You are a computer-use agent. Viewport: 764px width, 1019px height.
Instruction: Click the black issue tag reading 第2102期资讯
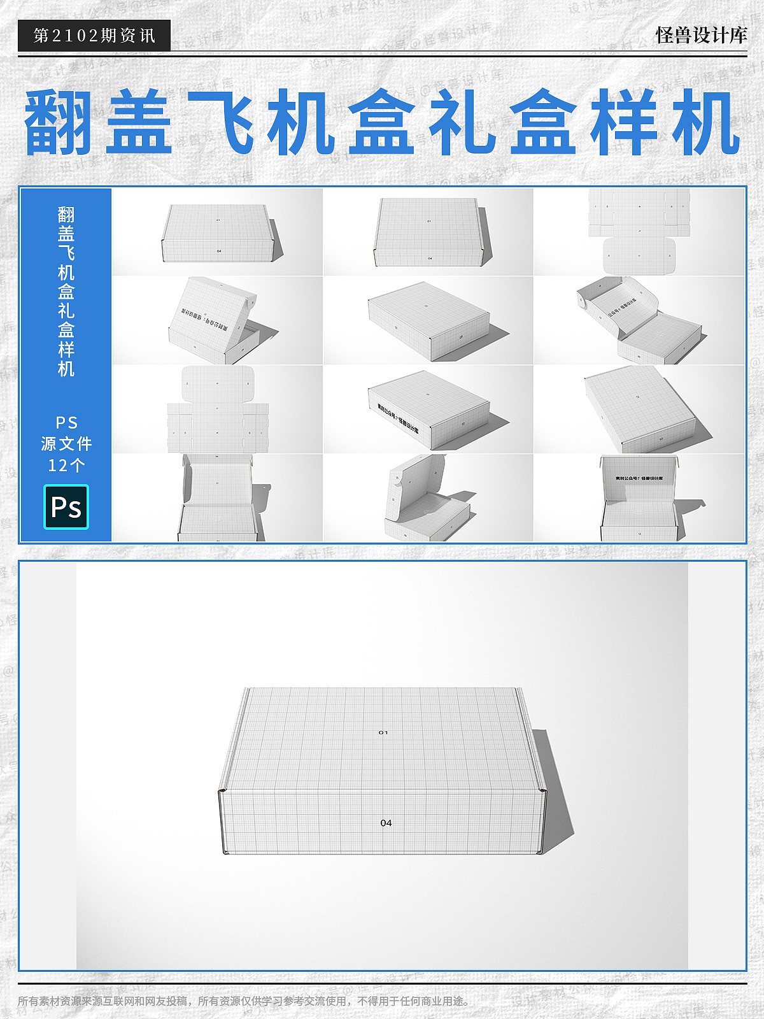coord(94,36)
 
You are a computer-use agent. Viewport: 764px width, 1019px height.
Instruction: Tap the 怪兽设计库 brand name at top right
coord(702,36)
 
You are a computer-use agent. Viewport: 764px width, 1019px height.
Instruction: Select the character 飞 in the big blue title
coord(220,122)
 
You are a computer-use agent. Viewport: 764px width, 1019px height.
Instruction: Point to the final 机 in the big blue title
coord(705,122)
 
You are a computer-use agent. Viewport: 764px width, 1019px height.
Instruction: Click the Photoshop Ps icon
coord(66,507)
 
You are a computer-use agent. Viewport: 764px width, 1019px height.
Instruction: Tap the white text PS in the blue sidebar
coord(66,423)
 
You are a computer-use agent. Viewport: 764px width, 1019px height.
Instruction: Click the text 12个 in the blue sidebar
coord(66,466)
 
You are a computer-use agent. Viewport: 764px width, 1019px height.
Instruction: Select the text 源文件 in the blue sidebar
coord(66,444)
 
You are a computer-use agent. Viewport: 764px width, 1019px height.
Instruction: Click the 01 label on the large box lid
coord(383,732)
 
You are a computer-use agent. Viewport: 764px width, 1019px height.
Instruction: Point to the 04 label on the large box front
coord(386,823)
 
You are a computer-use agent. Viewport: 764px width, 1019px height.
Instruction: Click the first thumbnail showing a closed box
coord(218,232)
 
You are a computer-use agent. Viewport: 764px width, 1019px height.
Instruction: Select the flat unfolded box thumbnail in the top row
coord(639,232)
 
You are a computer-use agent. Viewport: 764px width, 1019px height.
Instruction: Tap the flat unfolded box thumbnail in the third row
coord(218,410)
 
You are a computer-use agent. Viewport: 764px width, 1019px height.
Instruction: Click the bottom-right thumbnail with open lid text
coord(639,498)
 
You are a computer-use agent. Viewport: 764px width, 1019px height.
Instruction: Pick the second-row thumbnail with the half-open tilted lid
coord(218,320)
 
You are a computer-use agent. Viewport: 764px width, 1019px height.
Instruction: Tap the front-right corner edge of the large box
coord(543,822)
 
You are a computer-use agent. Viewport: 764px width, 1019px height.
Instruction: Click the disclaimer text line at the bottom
coord(244,1001)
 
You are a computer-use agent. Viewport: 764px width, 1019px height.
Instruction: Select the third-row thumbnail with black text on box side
coord(428,410)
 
